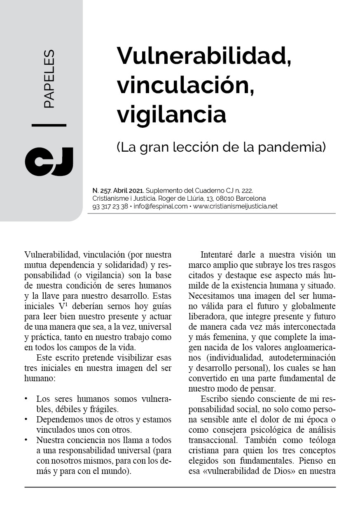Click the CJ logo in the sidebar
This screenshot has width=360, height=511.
click(x=49, y=161)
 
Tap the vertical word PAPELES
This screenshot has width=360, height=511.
click(x=49, y=79)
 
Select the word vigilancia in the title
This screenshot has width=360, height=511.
click(x=171, y=114)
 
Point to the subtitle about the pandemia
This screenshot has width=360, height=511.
click(x=221, y=147)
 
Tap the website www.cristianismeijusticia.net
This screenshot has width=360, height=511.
click(x=235, y=206)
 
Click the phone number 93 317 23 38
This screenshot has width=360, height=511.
click(x=110, y=206)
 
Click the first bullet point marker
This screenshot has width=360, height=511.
click(x=26, y=399)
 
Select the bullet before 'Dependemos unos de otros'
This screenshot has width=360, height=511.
click(x=26, y=420)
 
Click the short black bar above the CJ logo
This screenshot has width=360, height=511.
click(x=49, y=125)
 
